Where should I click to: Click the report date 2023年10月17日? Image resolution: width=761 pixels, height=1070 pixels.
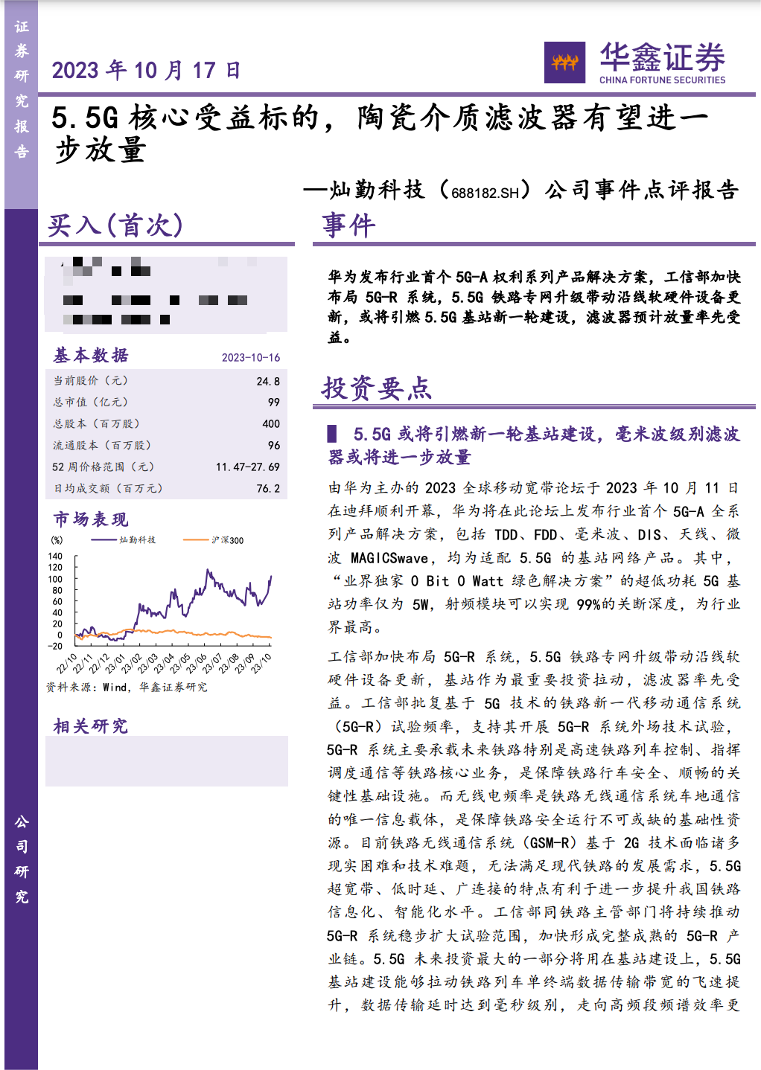point(147,71)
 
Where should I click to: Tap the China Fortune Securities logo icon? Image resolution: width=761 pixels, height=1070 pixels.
point(564,63)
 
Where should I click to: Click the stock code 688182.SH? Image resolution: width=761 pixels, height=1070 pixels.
point(485,192)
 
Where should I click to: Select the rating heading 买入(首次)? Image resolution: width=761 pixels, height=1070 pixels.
point(115,225)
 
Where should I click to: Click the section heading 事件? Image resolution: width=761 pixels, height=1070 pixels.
point(348,225)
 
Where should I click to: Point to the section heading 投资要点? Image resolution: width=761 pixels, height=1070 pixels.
point(376,388)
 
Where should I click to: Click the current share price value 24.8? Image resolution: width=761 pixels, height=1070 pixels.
point(268,381)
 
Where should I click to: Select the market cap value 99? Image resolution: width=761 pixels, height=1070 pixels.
point(274,403)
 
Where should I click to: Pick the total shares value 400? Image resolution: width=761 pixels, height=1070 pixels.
point(271,424)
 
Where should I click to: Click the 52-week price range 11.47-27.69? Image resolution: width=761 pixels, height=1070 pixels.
point(248,467)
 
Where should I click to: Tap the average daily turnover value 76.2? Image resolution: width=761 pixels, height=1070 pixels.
point(268,489)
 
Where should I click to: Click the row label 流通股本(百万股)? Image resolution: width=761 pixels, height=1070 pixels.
point(102,446)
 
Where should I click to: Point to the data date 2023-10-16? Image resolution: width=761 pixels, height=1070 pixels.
point(251,358)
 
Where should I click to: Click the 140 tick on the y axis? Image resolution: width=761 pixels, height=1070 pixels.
point(55,557)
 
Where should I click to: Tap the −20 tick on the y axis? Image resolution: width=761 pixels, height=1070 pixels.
point(55,647)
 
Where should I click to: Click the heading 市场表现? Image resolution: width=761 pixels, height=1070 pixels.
point(91,519)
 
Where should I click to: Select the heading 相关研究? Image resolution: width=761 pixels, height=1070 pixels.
point(91,726)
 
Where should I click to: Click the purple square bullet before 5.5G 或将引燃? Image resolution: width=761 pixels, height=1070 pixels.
point(332,434)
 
